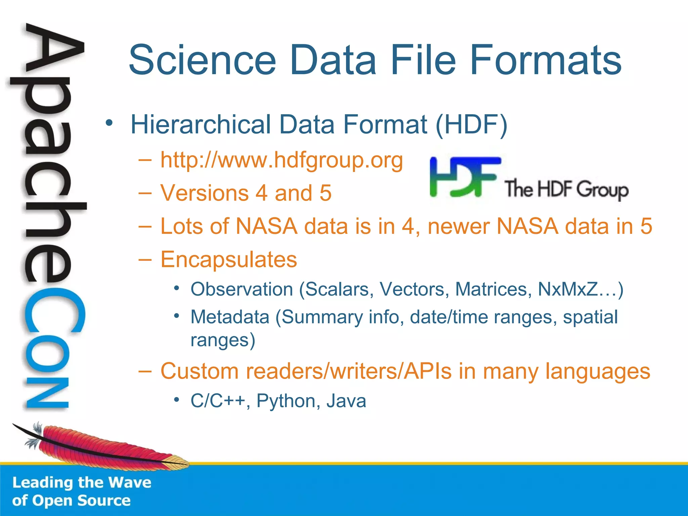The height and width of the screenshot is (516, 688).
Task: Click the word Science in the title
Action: pyautogui.click(x=202, y=60)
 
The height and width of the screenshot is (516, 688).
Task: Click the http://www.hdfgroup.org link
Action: pyautogui.click(x=282, y=160)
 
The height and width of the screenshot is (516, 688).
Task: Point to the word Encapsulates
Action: pyautogui.click(x=229, y=259)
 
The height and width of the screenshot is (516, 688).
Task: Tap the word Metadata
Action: pyautogui.click(x=230, y=317)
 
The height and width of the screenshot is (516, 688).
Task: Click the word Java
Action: pyautogui.click(x=346, y=401)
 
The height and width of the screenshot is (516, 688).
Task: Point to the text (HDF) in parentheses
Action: pyautogui.click(x=471, y=125)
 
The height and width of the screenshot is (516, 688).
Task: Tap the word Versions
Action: pyautogui.click(x=204, y=193)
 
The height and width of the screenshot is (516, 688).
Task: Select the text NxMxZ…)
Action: pyautogui.click(x=580, y=289)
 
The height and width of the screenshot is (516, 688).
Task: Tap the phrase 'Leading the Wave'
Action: pyautogui.click(x=82, y=483)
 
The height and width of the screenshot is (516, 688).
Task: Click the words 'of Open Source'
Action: pyautogui.click(x=71, y=501)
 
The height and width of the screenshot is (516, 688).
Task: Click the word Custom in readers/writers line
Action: pyautogui.click(x=200, y=371)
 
